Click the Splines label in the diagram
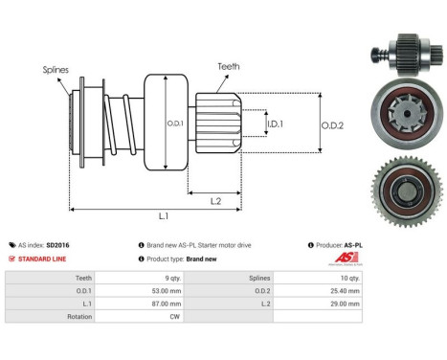pyautogui.click(x=56, y=69)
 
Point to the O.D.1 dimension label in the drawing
pyautogui.click(x=176, y=122)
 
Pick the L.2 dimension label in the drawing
pyautogui.click(x=217, y=199)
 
